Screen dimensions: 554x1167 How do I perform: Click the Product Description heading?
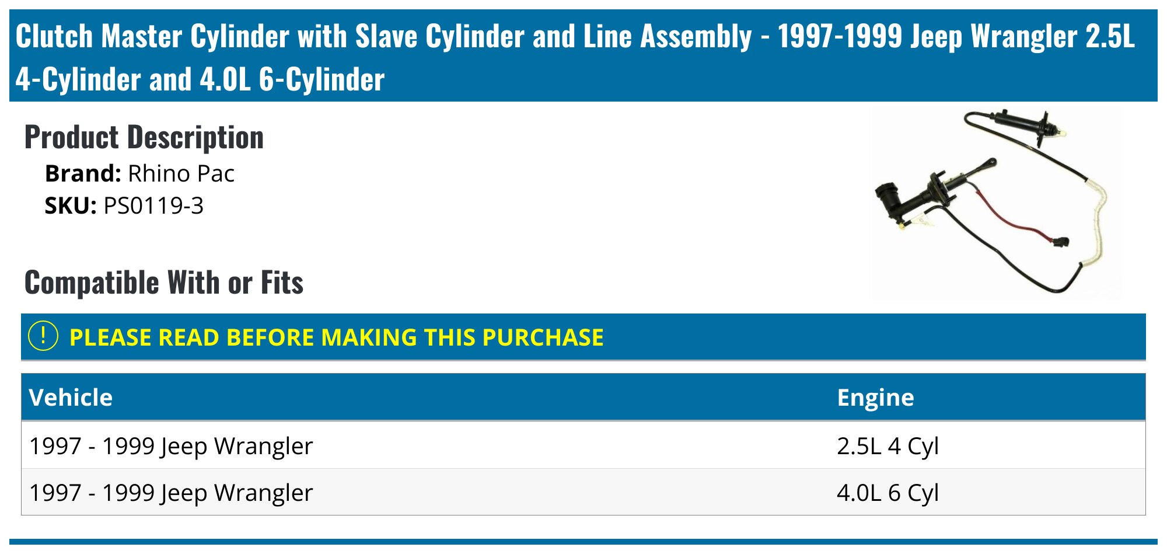click(144, 138)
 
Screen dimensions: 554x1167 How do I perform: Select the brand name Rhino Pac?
click(181, 174)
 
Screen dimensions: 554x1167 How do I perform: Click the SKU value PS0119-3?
click(153, 206)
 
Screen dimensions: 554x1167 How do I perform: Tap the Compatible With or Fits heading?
click(163, 283)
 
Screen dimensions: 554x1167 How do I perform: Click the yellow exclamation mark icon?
click(43, 337)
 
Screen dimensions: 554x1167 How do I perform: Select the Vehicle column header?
click(71, 398)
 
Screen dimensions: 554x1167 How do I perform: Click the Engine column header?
click(875, 398)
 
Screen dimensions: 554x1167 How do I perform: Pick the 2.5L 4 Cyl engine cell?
click(888, 446)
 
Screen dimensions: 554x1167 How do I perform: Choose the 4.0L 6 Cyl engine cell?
click(888, 493)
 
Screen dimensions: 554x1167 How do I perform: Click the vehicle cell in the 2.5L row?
click(171, 446)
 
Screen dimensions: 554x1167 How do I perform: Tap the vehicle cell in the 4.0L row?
click(171, 493)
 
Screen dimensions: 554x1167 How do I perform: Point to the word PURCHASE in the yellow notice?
click(543, 337)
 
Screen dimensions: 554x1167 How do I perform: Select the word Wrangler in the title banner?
click(1023, 36)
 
